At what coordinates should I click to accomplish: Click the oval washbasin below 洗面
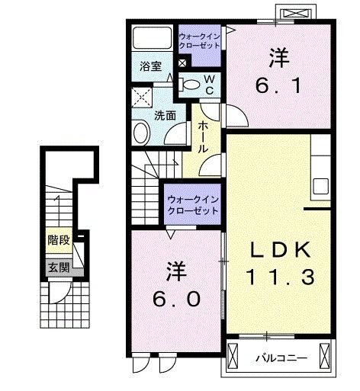(142, 133)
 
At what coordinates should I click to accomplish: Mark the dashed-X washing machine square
(140, 98)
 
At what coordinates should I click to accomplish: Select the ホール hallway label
(204, 137)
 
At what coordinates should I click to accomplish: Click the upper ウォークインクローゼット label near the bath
(199, 40)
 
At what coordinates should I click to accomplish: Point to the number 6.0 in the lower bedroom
(175, 298)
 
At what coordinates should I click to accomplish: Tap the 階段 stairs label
(59, 240)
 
